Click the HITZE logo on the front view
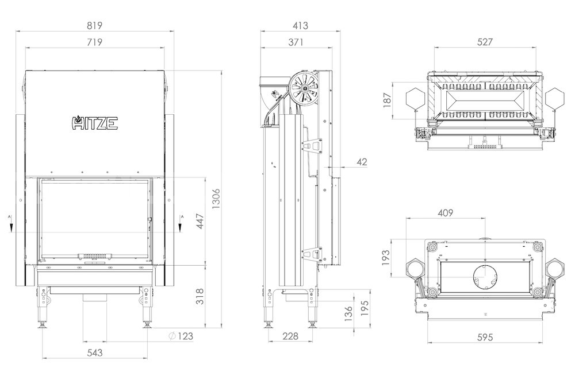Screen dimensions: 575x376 point(95,123)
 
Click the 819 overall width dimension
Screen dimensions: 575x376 point(95,26)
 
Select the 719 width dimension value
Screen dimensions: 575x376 point(95,42)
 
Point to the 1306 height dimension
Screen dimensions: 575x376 point(216,199)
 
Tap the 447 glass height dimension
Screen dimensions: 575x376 point(200,221)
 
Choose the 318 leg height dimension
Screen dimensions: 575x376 point(200,297)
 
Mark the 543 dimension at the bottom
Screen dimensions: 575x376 point(95,352)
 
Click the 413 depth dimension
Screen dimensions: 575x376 point(300,26)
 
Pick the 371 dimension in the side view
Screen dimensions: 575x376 point(296,42)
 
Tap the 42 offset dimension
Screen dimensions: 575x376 point(362,162)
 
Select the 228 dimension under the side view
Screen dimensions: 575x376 point(291,336)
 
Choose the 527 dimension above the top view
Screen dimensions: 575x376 point(485,42)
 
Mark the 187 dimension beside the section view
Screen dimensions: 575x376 point(387,100)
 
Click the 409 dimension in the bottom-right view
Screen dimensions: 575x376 point(446,213)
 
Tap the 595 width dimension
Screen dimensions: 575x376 point(485,336)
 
